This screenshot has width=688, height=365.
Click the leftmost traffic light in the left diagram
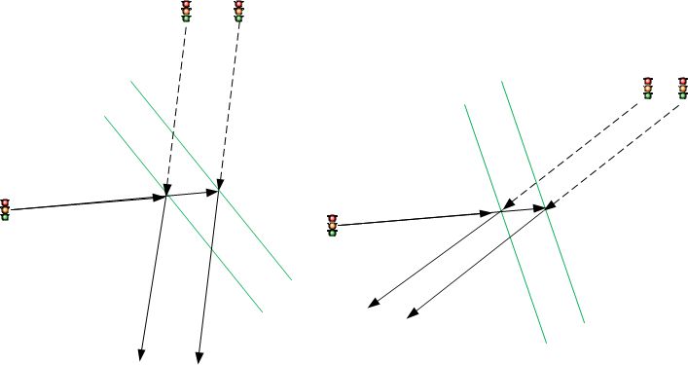5,208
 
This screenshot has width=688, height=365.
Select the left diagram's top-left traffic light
186,10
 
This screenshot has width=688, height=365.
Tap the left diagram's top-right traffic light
238,10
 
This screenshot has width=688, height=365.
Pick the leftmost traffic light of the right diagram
332,225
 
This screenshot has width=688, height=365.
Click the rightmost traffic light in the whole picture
683,88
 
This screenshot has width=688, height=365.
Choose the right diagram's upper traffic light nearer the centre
647,88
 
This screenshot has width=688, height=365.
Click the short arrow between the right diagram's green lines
525,208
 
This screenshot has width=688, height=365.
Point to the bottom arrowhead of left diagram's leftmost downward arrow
142,356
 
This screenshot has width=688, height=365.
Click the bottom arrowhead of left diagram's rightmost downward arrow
199,357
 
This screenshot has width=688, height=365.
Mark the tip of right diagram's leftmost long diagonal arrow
369,308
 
